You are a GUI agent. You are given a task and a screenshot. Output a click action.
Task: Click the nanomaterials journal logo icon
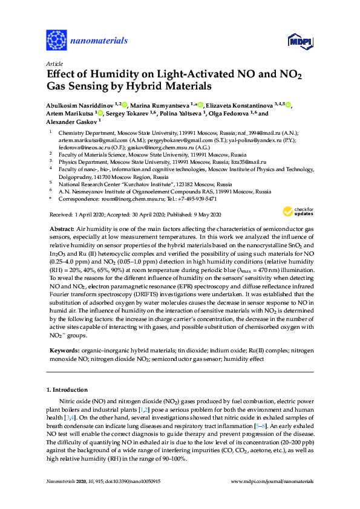pyautogui.click(x=56, y=41)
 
